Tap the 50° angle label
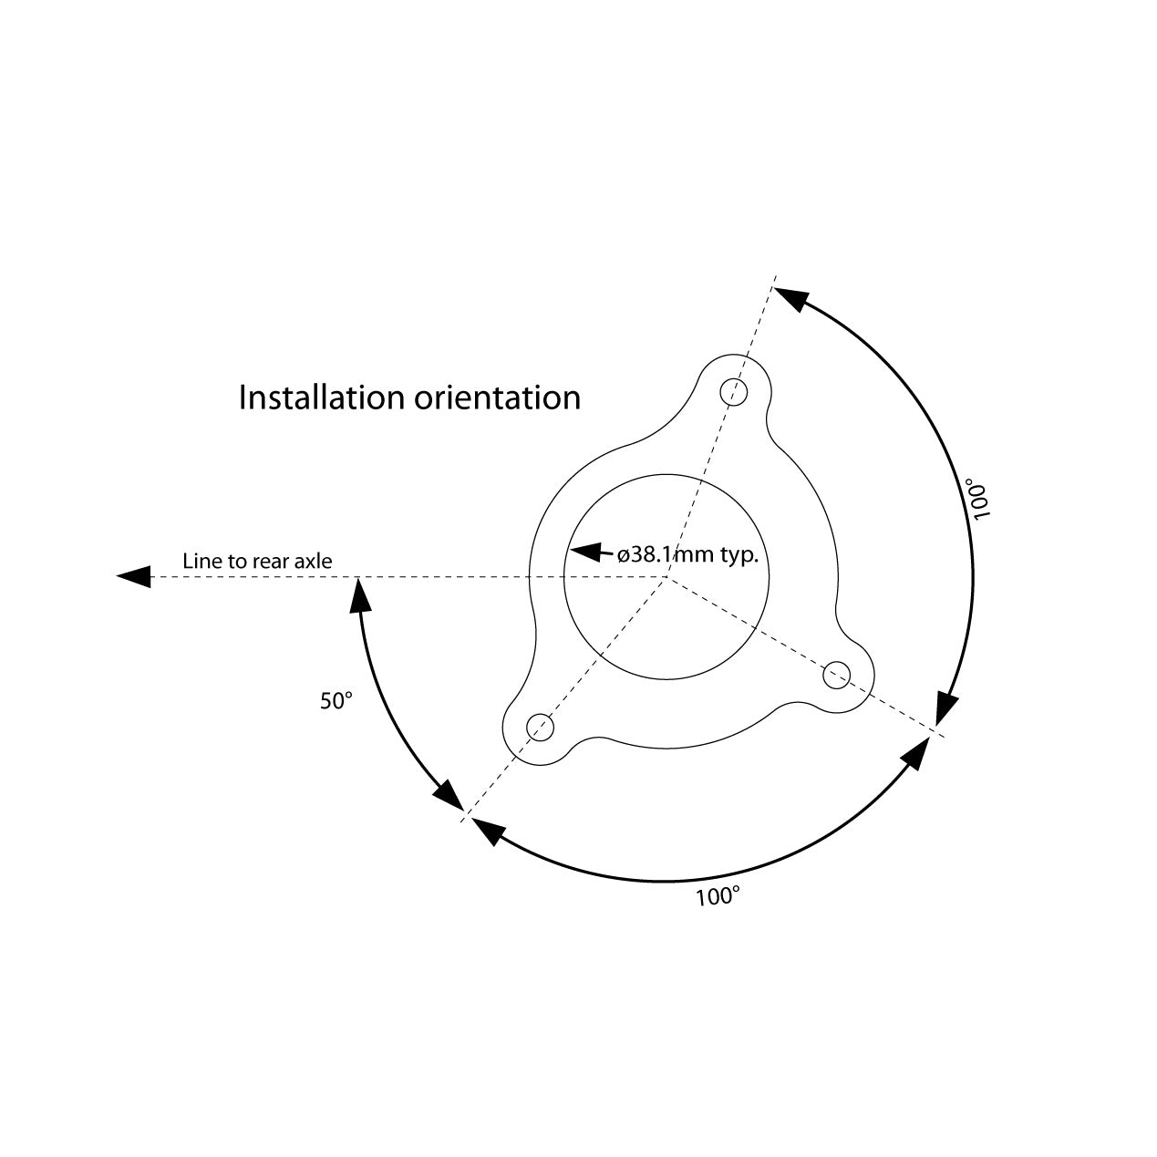pyautogui.click(x=336, y=701)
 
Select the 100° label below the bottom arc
pyautogui.click(x=718, y=897)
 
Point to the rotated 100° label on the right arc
pyautogui.click(x=980, y=498)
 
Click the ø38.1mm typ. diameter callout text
pyautogui.click(x=688, y=554)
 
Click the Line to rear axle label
pyautogui.click(x=257, y=561)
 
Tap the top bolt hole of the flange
pyautogui.click(x=734, y=392)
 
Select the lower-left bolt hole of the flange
pyautogui.click(x=542, y=728)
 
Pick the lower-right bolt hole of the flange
pyautogui.click(x=837, y=676)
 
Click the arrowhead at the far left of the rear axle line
pyautogui.click(x=135, y=576)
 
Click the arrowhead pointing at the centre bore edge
pyautogui.click(x=584, y=552)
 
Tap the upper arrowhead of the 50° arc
pyautogui.click(x=361, y=595)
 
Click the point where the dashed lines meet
pyautogui.click(x=668, y=577)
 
